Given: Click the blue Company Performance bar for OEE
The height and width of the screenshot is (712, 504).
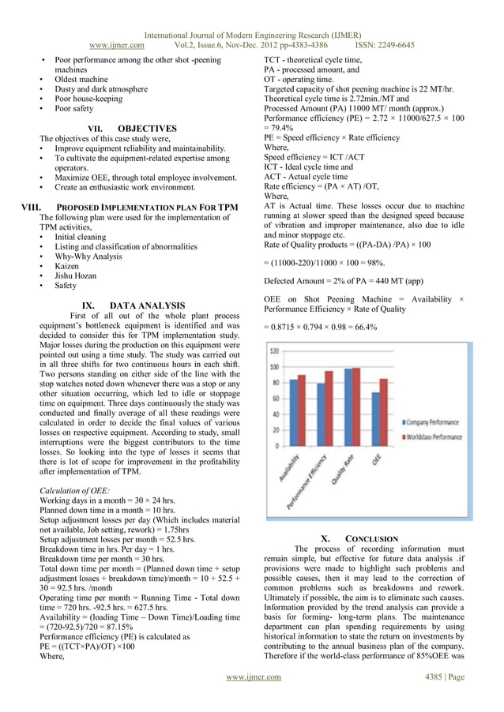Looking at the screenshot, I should (376, 418).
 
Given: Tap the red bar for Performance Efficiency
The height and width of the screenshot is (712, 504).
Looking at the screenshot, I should (329, 408).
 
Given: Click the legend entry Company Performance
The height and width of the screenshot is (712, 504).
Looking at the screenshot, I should (436, 422).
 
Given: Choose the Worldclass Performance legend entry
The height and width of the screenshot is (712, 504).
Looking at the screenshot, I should (438, 434).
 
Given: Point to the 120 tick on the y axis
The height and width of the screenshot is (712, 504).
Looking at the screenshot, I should (273, 351).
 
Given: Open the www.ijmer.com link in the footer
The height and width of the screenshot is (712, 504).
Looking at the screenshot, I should (253, 676).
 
